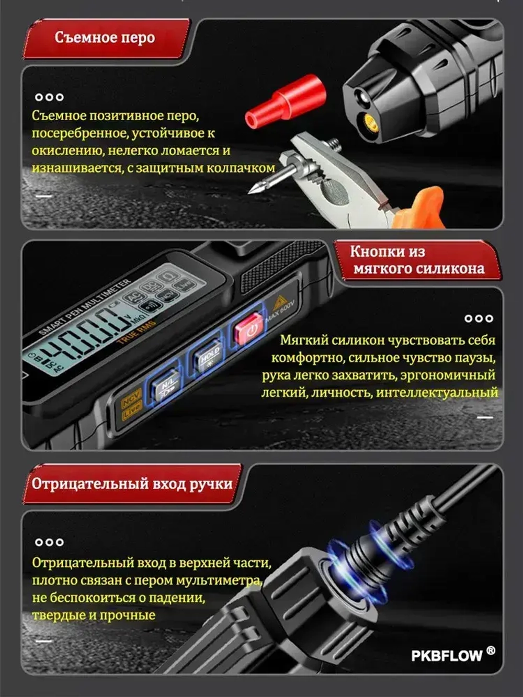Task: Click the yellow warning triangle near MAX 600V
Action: [279, 303]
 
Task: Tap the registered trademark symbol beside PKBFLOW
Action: [491, 650]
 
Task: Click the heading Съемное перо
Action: [105, 38]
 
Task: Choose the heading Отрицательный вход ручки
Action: [132, 484]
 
